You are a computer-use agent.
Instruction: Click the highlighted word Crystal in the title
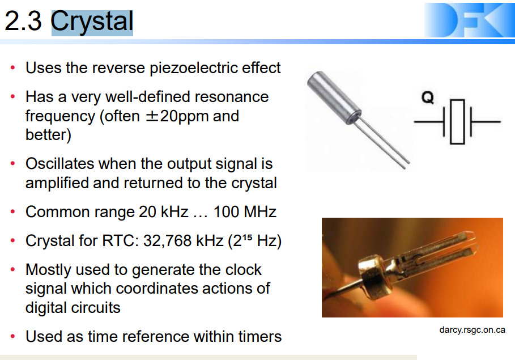92,22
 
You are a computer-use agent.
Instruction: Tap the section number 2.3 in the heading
23,22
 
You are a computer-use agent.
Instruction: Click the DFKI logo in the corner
469,20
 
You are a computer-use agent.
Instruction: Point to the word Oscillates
60,163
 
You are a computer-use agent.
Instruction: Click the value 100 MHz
245,211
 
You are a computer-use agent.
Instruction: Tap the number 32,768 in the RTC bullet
168,241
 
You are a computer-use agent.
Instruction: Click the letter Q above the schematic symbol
428,98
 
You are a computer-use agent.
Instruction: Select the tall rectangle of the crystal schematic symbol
457,122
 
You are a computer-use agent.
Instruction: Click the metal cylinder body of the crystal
334,98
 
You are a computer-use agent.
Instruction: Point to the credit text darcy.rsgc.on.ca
472,330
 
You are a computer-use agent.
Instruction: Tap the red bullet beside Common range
13,211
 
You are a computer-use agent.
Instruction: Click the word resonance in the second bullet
232,97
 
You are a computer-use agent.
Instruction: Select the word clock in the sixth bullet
244,270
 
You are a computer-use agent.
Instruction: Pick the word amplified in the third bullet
57,183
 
